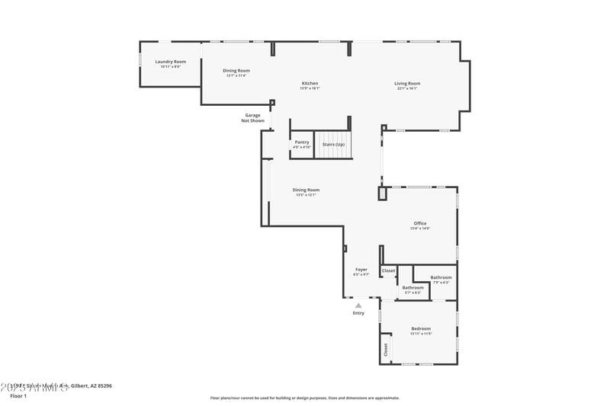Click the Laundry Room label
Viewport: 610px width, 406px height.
170,62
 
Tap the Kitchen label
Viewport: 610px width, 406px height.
310,83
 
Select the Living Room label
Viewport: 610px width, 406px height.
407,83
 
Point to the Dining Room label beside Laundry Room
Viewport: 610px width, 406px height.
236,71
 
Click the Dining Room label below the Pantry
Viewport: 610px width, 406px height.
306,190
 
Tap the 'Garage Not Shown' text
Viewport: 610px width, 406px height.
252,118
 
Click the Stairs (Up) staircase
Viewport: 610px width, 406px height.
333,144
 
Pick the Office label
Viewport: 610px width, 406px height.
420,223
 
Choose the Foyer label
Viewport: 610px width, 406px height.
361,270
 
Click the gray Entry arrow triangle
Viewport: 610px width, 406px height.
358,305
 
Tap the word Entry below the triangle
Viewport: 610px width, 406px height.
358,313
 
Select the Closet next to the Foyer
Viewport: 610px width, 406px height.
388,270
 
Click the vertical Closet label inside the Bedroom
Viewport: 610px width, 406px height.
385,350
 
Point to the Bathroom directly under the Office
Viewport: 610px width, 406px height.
441,277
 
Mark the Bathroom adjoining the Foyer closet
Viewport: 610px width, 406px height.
413,288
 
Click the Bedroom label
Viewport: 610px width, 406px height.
421,329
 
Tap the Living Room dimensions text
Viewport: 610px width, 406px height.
407,88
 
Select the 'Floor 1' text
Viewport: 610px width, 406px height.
18,396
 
